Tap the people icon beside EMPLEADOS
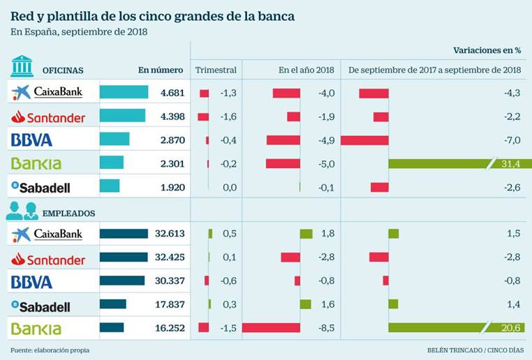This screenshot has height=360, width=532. pos(22,211)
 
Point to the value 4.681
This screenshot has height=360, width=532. pos(171,93)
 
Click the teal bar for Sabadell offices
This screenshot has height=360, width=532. pos(110,187)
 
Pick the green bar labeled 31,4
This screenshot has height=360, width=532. pos(454,164)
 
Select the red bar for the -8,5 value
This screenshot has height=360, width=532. pos(271,328)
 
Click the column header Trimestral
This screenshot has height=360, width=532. pos(216,70)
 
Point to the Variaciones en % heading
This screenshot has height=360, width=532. pos(487,50)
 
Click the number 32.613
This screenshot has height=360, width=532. pos(169,234)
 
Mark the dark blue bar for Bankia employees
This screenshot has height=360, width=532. pos(112,328)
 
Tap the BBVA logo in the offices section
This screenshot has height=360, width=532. pos(32,140)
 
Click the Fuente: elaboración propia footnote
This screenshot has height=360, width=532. pos(50,350)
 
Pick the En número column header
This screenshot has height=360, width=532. pos(161,70)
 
